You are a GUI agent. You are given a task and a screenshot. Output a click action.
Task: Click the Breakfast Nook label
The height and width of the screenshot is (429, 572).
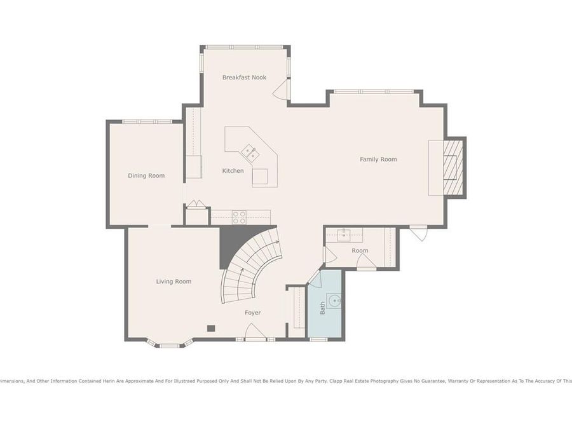(x=244, y=78)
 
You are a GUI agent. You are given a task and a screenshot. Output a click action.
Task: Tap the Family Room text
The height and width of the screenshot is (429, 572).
(x=378, y=159)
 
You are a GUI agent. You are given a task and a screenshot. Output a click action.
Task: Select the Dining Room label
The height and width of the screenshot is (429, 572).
(x=146, y=175)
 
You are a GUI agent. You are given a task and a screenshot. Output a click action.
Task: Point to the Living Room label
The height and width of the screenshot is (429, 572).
(x=174, y=281)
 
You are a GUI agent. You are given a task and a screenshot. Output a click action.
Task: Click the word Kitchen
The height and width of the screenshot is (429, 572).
(x=233, y=170)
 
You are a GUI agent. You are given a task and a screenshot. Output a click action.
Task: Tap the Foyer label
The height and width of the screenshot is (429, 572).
(x=253, y=312)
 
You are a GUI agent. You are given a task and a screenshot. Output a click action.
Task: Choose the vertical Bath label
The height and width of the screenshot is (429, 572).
(x=322, y=308)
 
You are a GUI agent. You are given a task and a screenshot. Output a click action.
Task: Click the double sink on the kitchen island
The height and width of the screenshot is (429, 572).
(x=250, y=153)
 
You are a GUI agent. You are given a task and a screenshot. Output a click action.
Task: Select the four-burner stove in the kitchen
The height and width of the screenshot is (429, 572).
(x=239, y=217)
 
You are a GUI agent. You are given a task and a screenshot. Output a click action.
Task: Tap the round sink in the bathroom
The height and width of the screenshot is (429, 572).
(x=334, y=300)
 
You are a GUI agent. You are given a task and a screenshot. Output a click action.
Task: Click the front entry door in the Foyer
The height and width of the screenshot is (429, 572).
(x=255, y=332)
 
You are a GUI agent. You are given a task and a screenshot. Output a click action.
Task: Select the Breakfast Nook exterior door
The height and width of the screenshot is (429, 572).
(x=281, y=90)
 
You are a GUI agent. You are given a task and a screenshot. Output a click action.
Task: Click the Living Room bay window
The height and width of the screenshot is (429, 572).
(x=168, y=345)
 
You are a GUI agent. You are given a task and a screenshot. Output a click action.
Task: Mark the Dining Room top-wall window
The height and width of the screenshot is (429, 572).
(x=147, y=121)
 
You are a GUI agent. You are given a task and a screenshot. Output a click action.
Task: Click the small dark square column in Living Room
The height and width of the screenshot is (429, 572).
(x=211, y=328)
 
